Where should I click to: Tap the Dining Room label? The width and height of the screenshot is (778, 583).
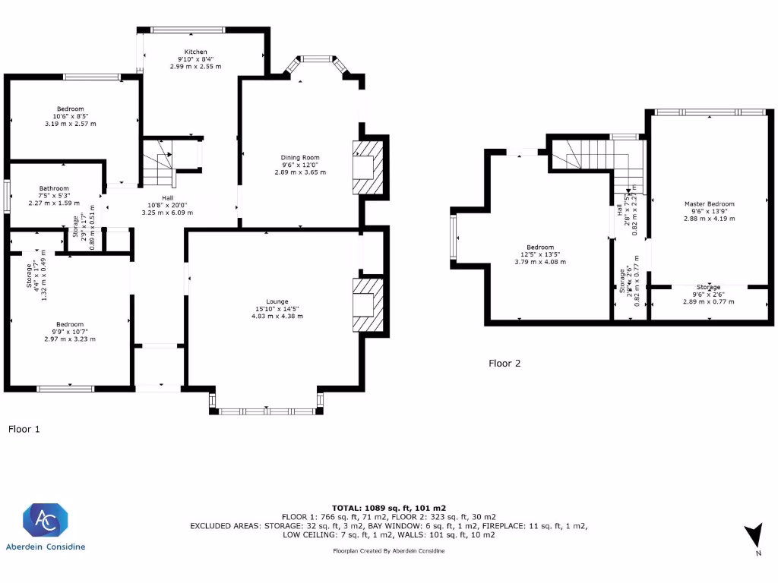[300, 158]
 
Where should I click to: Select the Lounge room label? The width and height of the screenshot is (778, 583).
[278, 301]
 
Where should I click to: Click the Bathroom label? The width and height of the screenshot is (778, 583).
[55, 188]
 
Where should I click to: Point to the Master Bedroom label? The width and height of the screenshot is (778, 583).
[709, 203]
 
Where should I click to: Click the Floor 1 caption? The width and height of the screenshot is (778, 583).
[24, 429]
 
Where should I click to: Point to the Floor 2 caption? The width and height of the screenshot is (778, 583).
[504, 363]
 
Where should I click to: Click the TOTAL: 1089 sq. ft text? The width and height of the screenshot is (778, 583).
[388, 507]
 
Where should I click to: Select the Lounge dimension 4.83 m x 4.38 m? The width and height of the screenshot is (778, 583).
[278, 316]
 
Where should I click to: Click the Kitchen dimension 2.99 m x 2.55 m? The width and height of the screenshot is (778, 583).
[195, 67]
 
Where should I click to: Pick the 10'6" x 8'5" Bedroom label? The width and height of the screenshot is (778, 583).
[69, 116]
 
